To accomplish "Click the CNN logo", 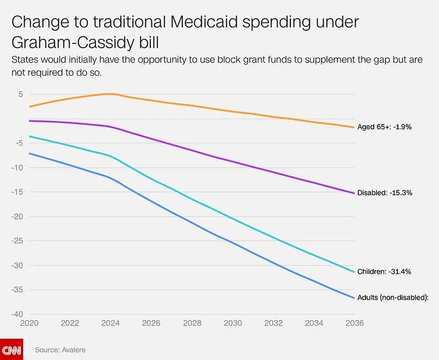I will pos(11,349).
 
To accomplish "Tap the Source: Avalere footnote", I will pos(60,350).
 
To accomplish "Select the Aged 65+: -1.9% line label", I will pos(384,127).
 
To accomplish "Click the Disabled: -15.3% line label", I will pos(385,193).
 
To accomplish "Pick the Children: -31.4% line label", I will pos(384,272).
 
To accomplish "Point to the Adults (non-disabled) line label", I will pos(392,297).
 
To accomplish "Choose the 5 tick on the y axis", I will pos(20,94).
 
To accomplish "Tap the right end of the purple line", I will pos(354,193).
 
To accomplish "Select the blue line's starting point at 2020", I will pos(30,153).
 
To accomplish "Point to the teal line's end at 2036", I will pos(354,272).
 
